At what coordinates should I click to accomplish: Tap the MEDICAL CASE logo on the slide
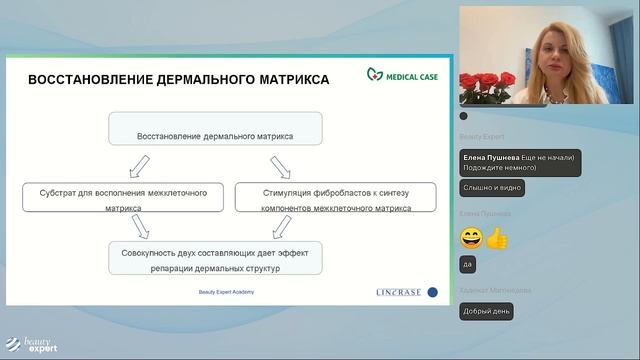[401, 74]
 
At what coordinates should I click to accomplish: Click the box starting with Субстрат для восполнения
[122, 197]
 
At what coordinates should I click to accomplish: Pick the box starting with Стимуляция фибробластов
[335, 197]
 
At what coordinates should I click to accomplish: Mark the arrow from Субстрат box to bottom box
[138, 227]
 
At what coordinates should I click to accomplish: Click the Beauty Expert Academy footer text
[227, 292]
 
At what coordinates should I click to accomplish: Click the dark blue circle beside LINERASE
[432, 292]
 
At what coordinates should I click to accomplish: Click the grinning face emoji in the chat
[471, 238]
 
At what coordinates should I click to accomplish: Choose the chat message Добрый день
[486, 311]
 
